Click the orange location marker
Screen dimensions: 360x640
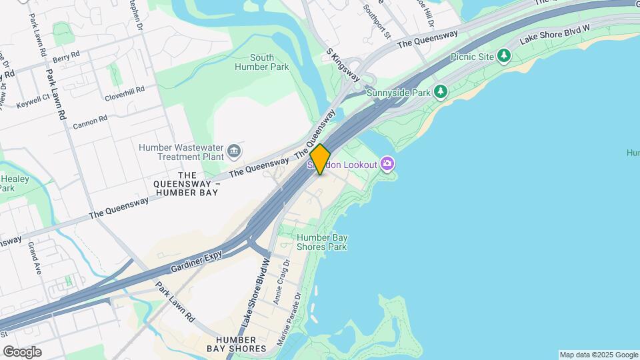321,159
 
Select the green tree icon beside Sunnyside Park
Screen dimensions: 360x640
440,91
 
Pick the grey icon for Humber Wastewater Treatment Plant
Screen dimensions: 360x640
233,151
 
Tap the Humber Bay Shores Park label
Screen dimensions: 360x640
321,242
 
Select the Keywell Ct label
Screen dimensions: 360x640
33,101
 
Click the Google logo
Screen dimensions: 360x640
22,351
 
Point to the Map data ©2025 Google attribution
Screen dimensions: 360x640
598,355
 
